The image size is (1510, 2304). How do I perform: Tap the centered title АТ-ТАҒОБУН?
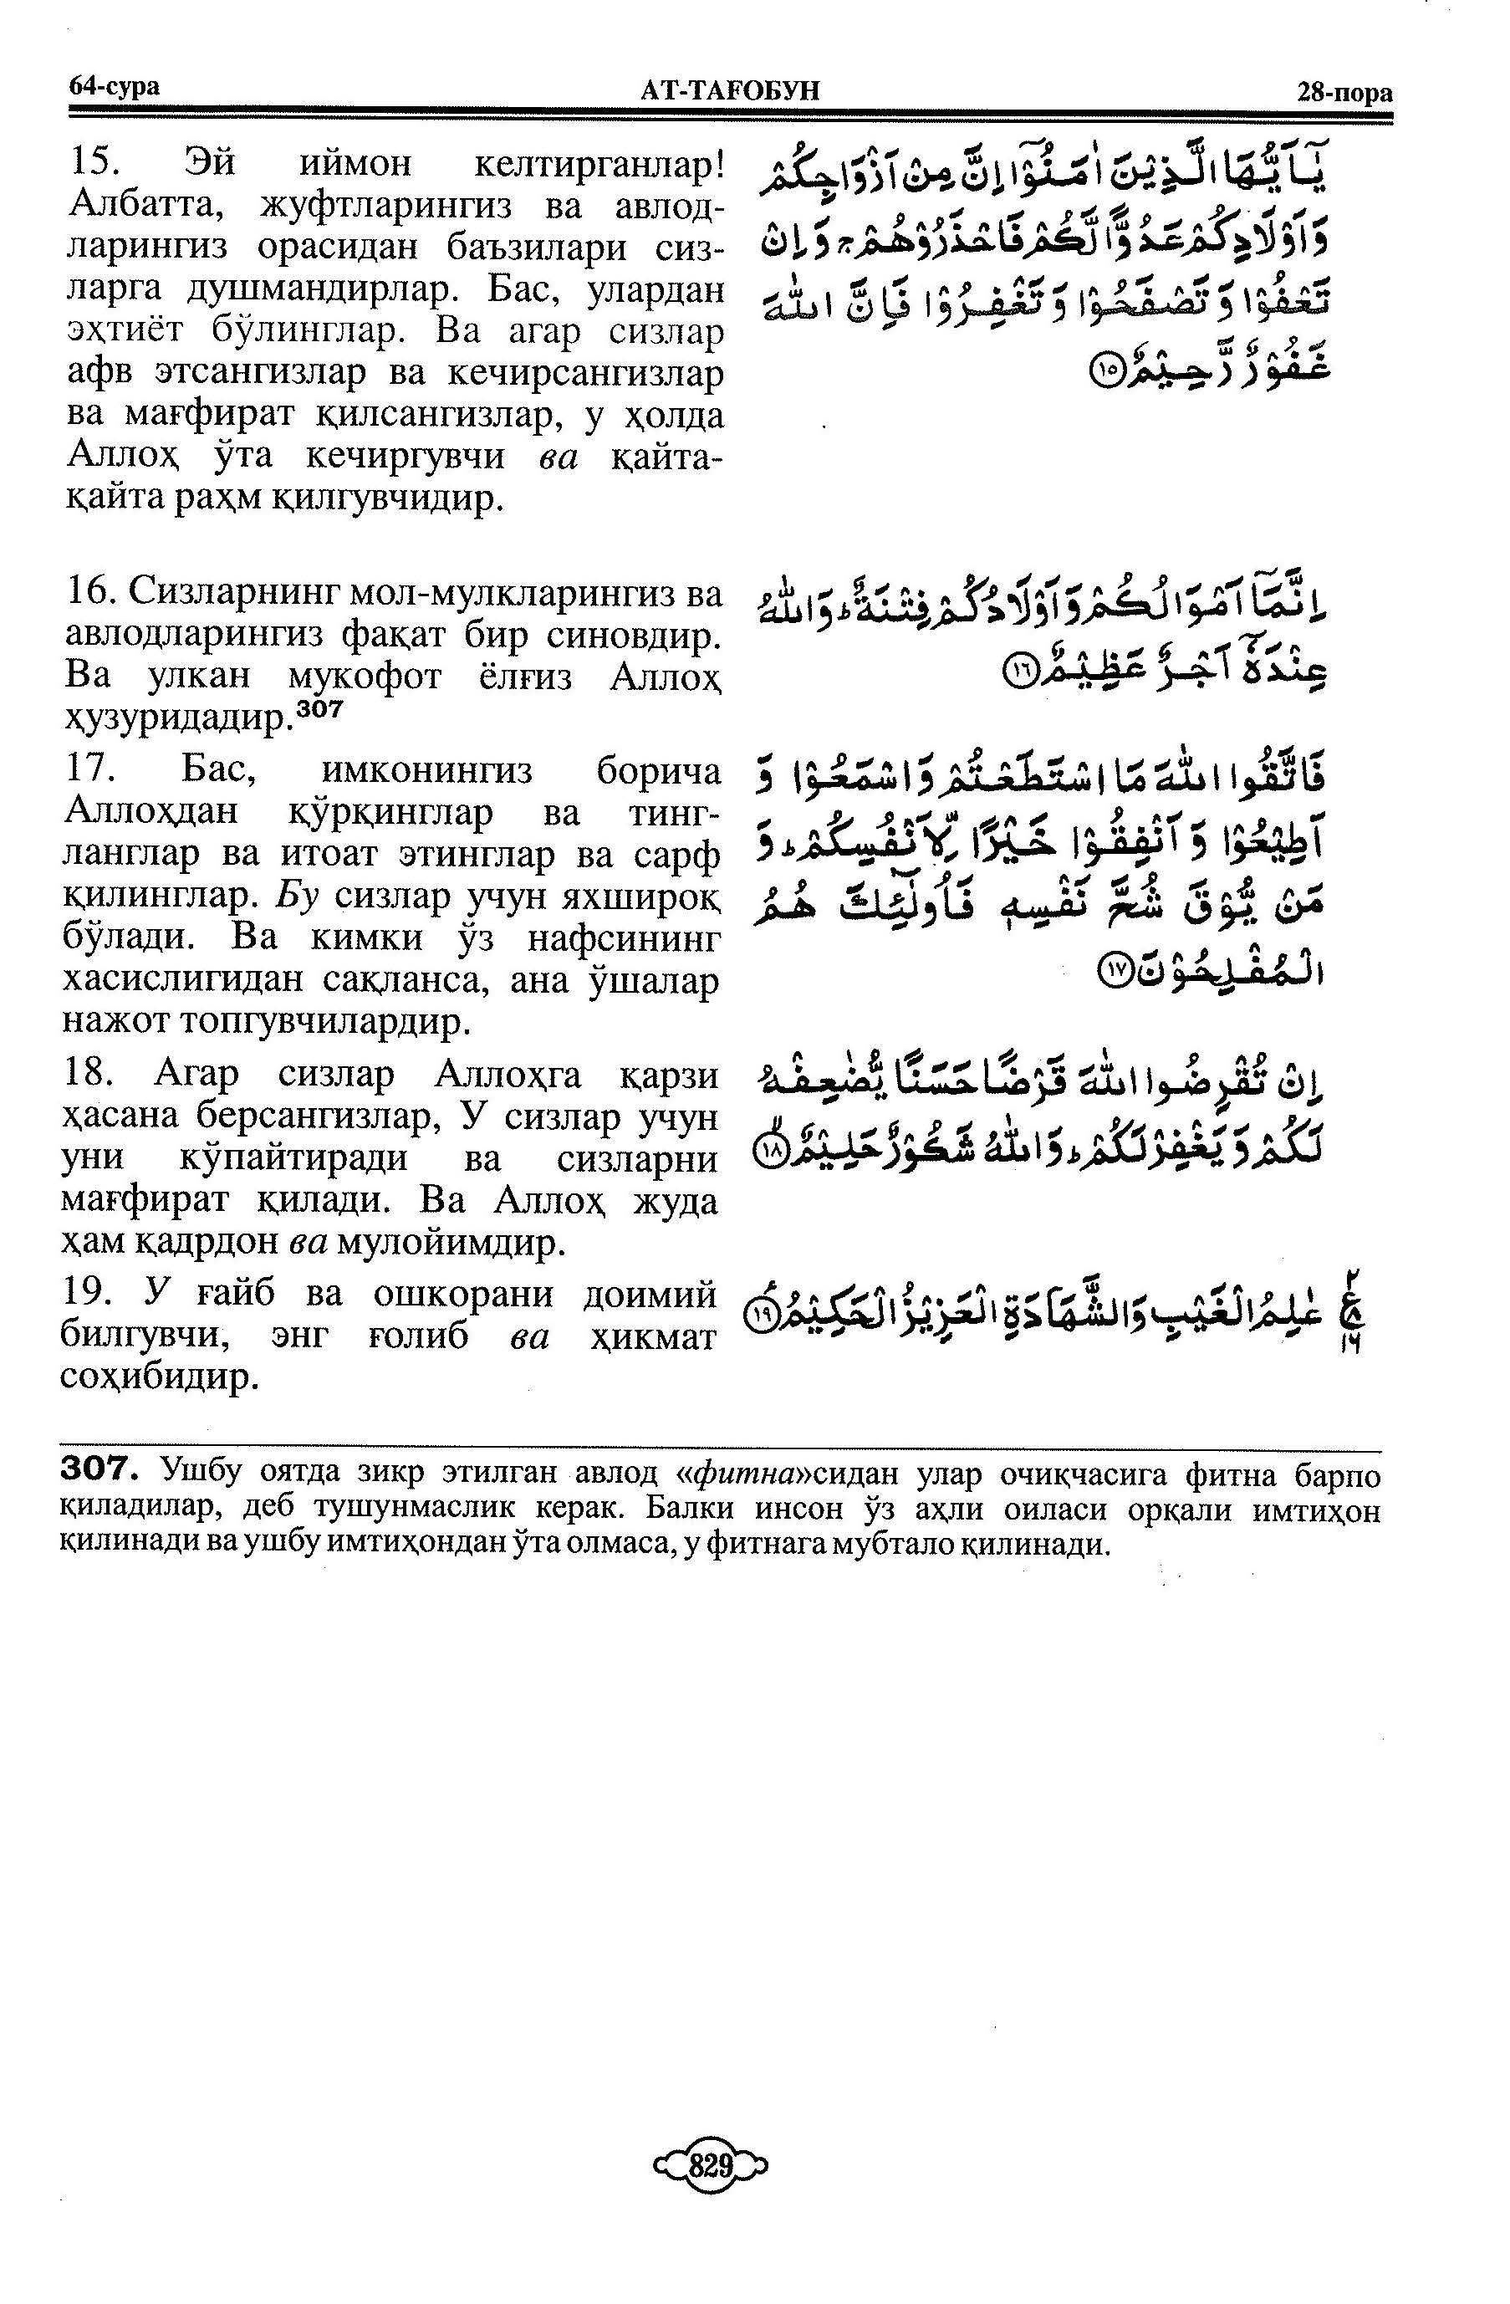[730, 91]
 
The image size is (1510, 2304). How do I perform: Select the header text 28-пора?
[1344, 93]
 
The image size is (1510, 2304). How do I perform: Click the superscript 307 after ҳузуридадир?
[320, 709]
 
